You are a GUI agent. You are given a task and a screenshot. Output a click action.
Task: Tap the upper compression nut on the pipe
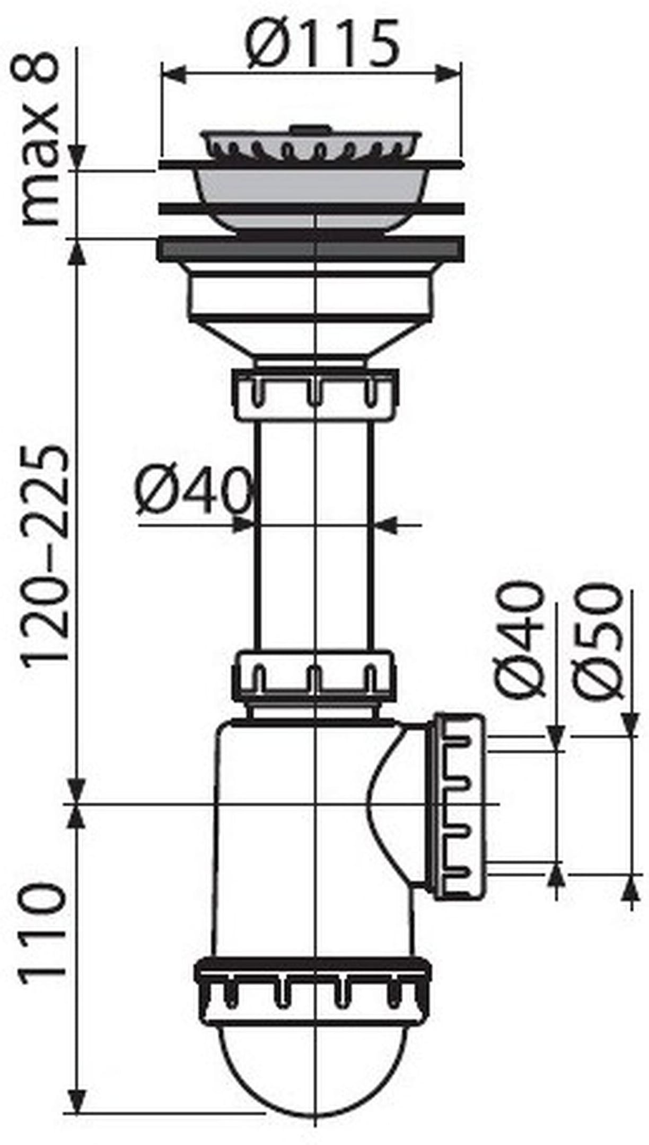coord(315,395)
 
